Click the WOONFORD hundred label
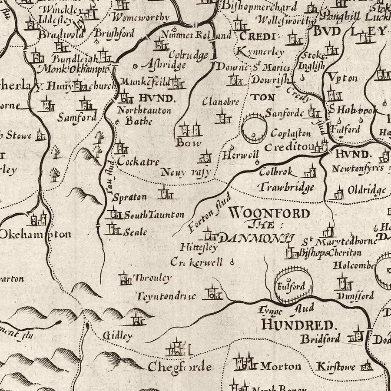pyautogui.click(x=269, y=213)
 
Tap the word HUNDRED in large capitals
pyautogui.click(x=299, y=325)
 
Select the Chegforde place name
pyautogui.click(x=179, y=367)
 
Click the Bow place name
pyautogui.click(x=189, y=142)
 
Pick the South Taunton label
pyautogui.click(x=154, y=215)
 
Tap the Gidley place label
pyautogui.click(x=118, y=336)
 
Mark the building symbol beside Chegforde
pyautogui.click(x=177, y=348)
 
